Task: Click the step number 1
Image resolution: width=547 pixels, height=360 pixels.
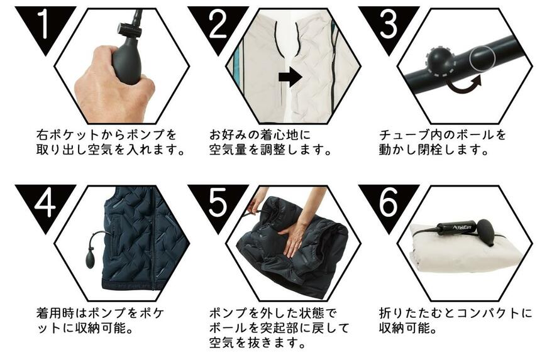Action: coord(42,24)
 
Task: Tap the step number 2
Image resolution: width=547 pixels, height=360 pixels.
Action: coord(216,24)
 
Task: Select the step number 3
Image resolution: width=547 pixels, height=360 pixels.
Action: coord(389,24)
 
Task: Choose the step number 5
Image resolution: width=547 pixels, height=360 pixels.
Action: coord(216,203)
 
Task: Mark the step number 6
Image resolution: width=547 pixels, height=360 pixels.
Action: coord(389,203)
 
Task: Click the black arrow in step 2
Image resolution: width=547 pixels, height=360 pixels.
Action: coord(290,77)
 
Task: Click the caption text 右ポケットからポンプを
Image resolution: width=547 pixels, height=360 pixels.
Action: coord(106,135)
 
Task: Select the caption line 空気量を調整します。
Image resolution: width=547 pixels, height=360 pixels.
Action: coord(270,151)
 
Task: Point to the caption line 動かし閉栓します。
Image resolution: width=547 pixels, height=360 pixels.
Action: coord(433,151)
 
